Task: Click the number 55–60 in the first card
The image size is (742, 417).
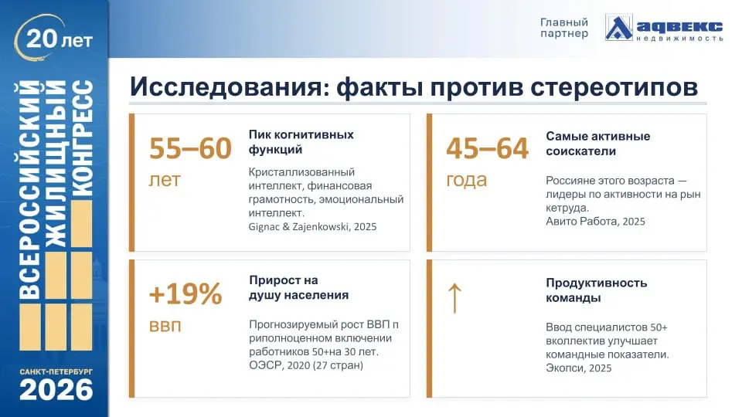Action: point(190,148)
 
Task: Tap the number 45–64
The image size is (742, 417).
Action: point(487,148)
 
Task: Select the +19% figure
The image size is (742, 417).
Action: point(185,294)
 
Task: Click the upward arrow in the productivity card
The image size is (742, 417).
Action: point(454,297)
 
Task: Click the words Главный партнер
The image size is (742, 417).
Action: point(563,28)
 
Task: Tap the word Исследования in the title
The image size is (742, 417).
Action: point(220,86)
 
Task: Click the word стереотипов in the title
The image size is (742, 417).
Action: point(614,86)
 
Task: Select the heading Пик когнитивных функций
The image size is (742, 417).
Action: point(301,141)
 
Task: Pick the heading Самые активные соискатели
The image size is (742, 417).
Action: point(597,144)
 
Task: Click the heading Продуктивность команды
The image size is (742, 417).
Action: point(596,290)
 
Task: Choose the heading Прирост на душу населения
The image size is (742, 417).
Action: point(298,287)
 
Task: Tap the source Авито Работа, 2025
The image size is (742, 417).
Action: point(595,221)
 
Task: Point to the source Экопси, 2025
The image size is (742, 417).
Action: point(578,368)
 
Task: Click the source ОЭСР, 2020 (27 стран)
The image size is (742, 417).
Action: point(305,365)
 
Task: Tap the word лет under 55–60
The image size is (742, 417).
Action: point(164,180)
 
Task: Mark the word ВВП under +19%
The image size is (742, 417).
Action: point(165,326)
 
